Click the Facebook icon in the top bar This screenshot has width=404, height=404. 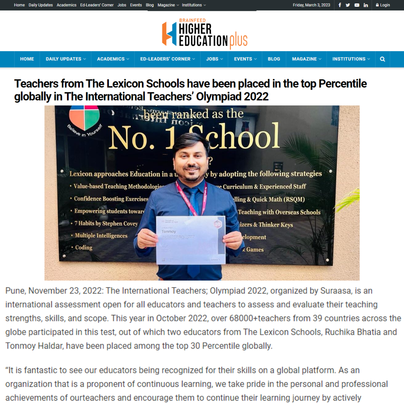340,5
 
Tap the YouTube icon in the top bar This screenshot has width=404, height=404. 357,5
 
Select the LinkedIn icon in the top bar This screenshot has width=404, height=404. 365,5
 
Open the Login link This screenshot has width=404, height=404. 383,5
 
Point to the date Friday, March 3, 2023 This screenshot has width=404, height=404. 311,5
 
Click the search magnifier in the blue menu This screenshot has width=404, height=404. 382,59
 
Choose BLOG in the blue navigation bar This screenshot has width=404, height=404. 274,59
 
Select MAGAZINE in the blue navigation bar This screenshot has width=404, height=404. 306,59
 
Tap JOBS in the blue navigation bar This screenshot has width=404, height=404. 214,59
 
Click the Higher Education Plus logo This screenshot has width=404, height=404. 205,34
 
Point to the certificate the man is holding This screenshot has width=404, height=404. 190,239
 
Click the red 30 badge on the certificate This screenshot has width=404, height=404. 217,224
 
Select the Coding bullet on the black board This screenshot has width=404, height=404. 83,248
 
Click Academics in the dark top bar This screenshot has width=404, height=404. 67,5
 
